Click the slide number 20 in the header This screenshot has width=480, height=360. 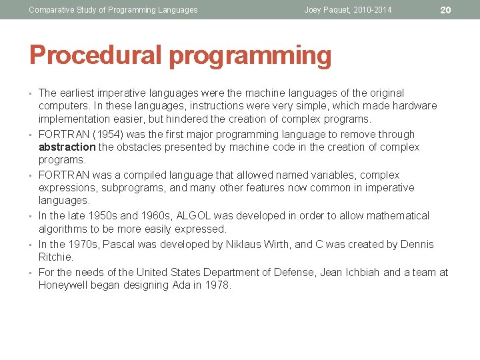(446, 9)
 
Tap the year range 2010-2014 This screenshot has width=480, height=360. (373, 10)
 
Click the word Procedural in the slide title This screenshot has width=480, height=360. (95, 56)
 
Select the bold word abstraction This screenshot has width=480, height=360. (67, 147)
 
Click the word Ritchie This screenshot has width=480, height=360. (56, 257)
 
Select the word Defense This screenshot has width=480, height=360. (291, 273)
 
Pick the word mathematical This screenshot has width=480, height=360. (397, 216)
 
